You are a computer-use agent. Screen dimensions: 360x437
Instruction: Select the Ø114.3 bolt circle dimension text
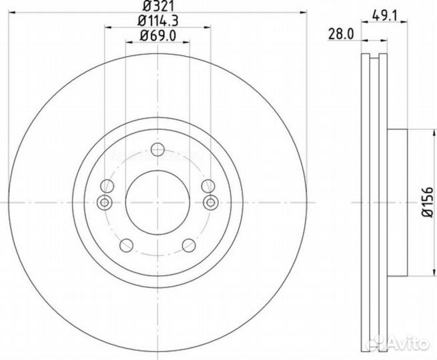(x=158, y=21)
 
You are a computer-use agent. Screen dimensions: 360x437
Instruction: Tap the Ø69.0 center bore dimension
(x=158, y=37)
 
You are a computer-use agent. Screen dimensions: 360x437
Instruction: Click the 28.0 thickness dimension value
(x=342, y=32)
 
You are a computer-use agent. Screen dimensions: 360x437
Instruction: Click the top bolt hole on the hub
(x=158, y=149)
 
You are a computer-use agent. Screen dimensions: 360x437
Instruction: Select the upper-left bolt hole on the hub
(x=107, y=187)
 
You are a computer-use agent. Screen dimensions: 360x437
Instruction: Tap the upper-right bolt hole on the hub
(x=208, y=187)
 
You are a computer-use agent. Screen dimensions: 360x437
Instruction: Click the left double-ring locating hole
(x=104, y=203)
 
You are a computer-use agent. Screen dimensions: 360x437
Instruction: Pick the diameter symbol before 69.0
(x=144, y=37)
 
